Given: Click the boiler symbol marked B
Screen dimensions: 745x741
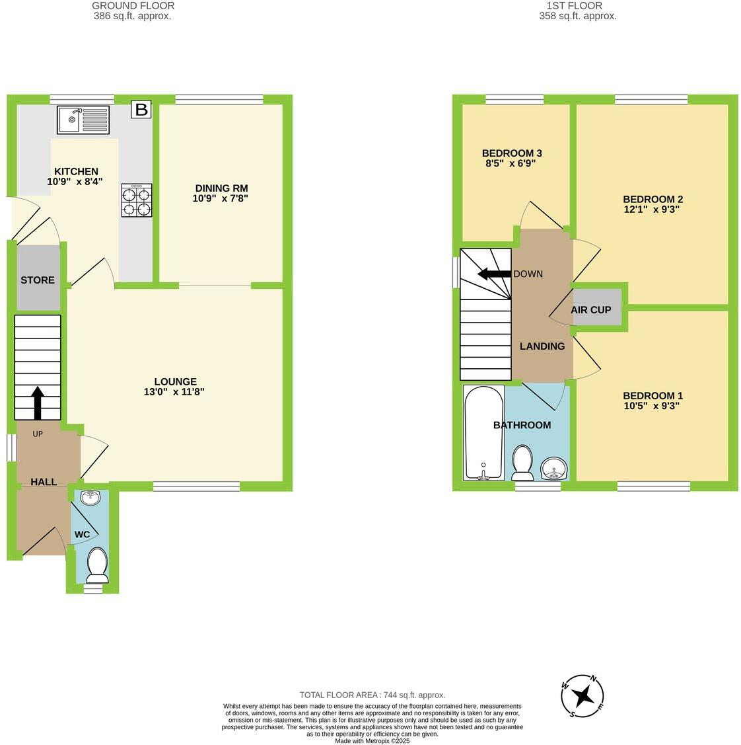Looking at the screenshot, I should (x=141, y=109).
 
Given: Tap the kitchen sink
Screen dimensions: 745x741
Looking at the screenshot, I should (x=84, y=120).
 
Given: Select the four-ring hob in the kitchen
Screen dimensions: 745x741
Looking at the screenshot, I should (x=137, y=201).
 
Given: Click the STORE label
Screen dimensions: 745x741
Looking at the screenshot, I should (x=38, y=280).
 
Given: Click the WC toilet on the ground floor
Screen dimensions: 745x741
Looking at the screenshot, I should (x=97, y=564).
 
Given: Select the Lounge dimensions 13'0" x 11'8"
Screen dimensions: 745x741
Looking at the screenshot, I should (x=175, y=391).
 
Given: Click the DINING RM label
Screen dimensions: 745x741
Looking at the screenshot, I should (x=221, y=188).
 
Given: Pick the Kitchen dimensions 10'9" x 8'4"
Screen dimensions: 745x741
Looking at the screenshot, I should (x=75, y=181).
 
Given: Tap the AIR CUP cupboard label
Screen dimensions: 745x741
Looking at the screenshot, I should (x=591, y=309).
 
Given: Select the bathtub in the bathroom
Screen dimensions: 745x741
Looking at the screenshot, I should (x=484, y=433).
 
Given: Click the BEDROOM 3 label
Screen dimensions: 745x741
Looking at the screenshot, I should (x=512, y=153).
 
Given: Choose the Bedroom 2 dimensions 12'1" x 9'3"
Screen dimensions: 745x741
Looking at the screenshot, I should (x=652, y=209).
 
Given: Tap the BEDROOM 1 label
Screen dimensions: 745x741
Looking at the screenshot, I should (x=653, y=396).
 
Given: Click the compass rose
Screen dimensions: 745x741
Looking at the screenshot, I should (x=582, y=696).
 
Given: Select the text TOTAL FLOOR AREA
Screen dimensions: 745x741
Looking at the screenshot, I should (x=338, y=695).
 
